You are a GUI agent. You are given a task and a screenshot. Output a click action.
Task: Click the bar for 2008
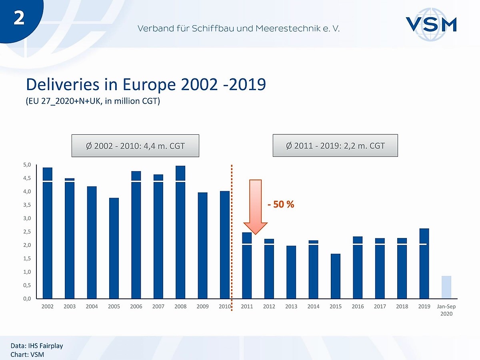coord(180,232)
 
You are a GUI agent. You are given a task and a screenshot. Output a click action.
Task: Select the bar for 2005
coord(114,248)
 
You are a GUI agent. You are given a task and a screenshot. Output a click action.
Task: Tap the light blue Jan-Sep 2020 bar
coord(446,287)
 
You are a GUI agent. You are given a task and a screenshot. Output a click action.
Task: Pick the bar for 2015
coord(336,276)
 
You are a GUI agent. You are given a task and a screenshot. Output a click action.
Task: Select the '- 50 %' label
coord(281,204)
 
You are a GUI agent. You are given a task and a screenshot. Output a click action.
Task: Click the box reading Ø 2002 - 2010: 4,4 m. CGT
coord(135,146)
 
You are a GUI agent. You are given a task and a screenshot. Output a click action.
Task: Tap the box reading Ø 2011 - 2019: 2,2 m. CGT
coord(335,145)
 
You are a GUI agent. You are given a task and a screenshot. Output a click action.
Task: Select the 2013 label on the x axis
coord(291,307)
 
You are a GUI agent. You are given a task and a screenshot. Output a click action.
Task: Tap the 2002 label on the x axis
coord(47,307)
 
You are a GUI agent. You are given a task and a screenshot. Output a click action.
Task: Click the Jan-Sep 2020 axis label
coord(446,310)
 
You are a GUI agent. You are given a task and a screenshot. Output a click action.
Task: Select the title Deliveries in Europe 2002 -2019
coord(146,84)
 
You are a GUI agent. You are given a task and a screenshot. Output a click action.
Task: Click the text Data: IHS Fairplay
coord(37,346)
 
